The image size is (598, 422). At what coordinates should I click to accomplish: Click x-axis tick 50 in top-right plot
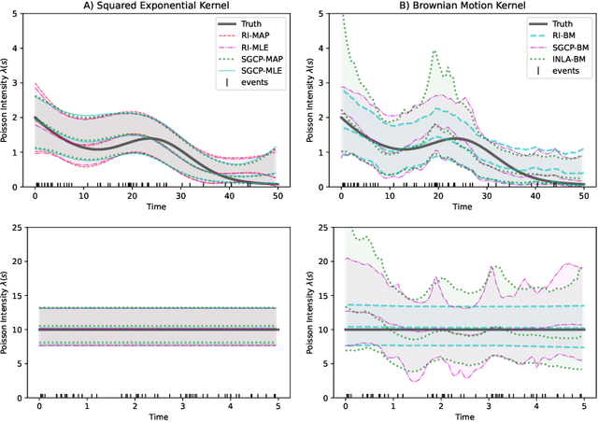[x=583, y=196]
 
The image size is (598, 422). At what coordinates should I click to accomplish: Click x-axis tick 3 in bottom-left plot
[x=181, y=408]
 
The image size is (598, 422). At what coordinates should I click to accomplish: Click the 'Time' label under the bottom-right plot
[x=463, y=418]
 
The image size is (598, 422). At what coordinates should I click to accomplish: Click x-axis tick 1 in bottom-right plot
[x=392, y=408]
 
